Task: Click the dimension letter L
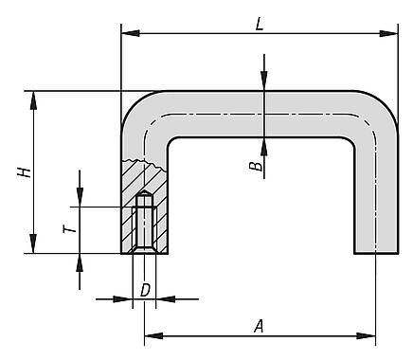(x=260, y=24)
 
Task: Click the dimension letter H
(x=25, y=172)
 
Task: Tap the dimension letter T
(x=69, y=228)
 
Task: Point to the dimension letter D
(x=145, y=290)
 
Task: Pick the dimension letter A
(x=259, y=326)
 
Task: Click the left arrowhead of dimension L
(x=131, y=33)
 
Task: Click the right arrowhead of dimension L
(x=388, y=33)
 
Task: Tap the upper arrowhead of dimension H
(x=33, y=100)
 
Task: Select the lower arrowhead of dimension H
(x=33, y=243)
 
